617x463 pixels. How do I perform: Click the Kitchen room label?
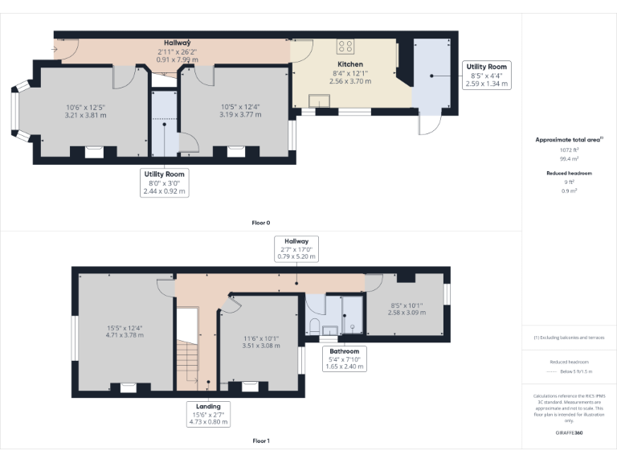pyautogui.click(x=350, y=64)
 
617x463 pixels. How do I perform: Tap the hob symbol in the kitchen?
pyautogui.click(x=345, y=47)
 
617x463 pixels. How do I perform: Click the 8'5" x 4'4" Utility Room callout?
pyautogui.click(x=487, y=74)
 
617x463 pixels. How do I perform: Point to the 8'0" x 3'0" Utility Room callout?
pyautogui.click(x=164, y=182)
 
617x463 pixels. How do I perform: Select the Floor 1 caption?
pyautogui.click(x=261, y=440)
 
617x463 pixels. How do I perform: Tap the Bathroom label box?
pyautogui.click(x=343, y=359)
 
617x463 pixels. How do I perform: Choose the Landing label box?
pyautogui.click(x=208, y=413)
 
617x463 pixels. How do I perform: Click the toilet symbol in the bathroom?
pyautogui.click(x=315, y=326)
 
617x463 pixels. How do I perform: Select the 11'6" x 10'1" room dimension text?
pyautogui.click(x=261, y=342)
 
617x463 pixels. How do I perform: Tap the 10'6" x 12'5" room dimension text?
pyautogui.click(x=86, y=111)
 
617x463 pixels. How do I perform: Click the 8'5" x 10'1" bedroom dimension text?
pyautogui.click(x=405, y=309)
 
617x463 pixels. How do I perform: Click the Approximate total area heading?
pyautogui.click(x=570, y=139)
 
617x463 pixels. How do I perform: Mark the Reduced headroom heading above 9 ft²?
pyautogui.click(x=570, y=173)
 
